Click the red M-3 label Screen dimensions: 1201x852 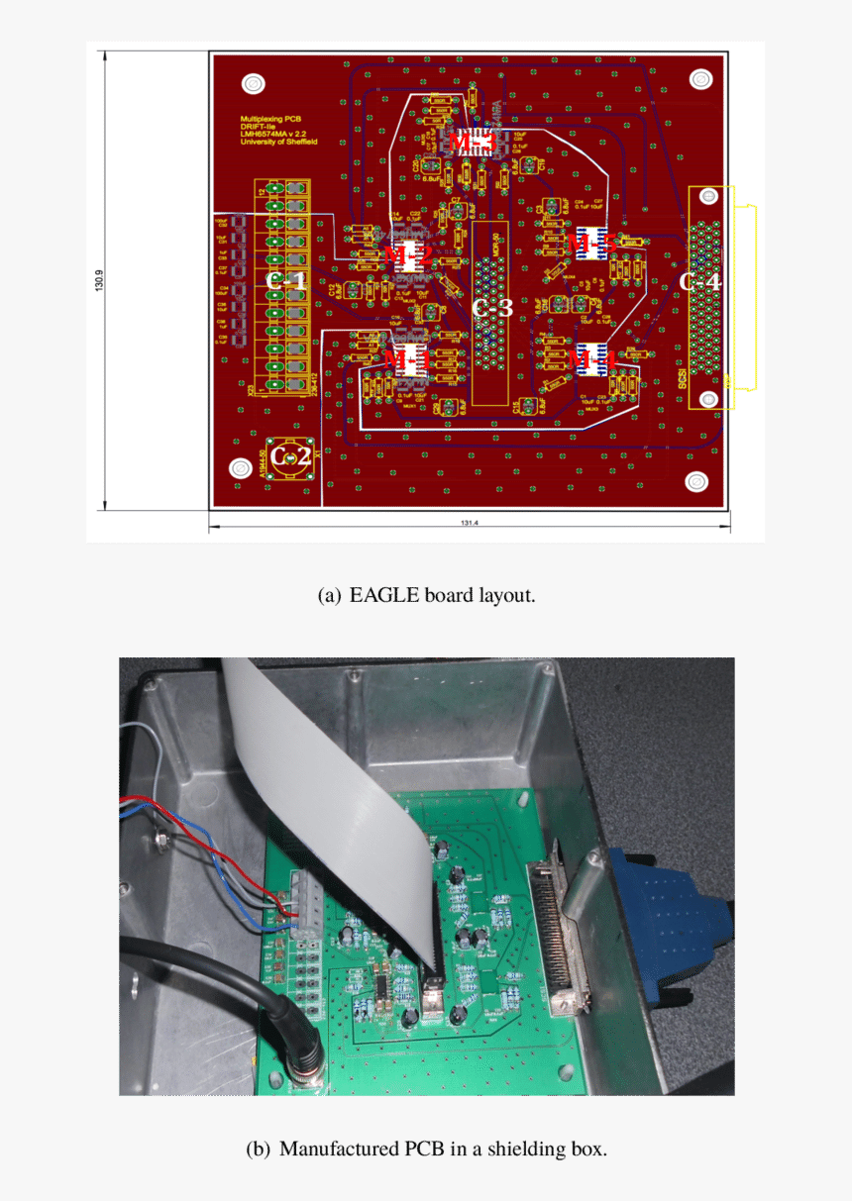(471, 142)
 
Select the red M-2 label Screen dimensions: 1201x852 (408, 257)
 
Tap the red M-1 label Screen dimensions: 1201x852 (406, 356)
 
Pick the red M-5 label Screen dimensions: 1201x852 (595, 243)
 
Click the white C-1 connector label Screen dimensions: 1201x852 (286, 280)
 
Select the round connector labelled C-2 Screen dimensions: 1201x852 (291, 456)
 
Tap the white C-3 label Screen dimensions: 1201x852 (492, 308)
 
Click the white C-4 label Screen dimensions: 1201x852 (699, 281)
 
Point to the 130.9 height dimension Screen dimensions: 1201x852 (98, 280)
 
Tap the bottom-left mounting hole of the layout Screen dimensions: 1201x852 (240, 468)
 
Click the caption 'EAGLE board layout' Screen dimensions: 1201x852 (426, 595)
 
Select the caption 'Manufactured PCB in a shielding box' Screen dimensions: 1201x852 (426, 1149)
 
